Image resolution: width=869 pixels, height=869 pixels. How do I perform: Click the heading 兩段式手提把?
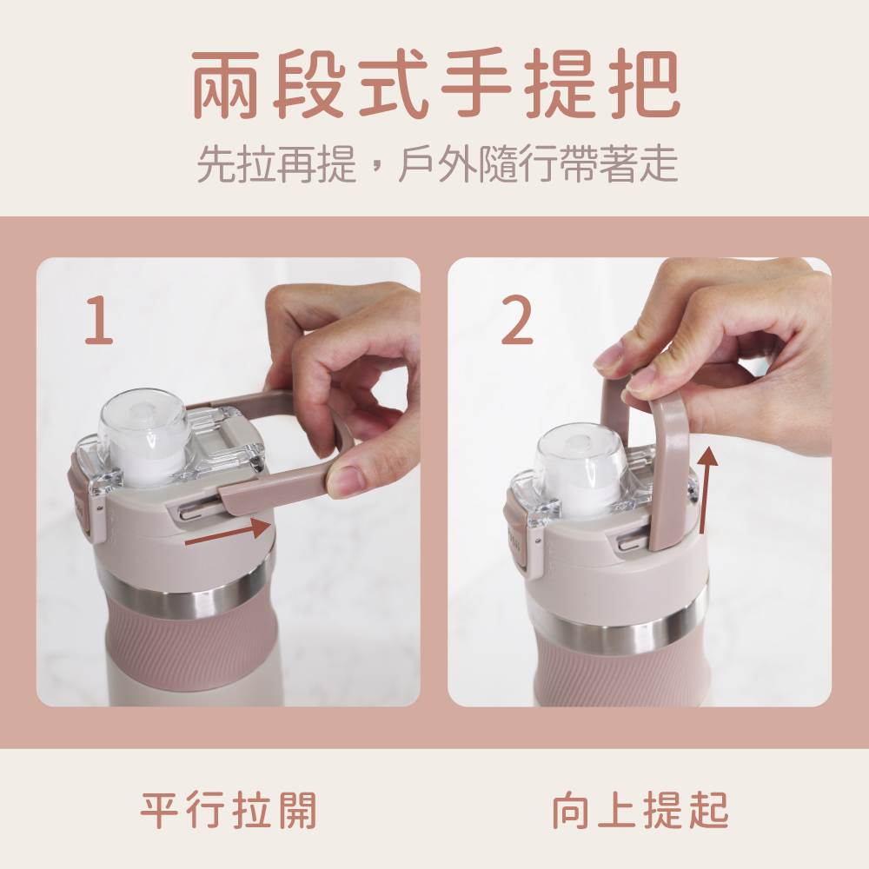coord(436,83)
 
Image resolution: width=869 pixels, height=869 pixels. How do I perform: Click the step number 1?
coord(99,321)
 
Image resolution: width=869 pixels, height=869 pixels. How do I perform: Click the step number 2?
coord(516,321)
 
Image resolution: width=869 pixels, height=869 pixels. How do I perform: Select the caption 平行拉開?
coord(229,810)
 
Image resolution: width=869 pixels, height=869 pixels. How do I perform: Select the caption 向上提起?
coord(640,810)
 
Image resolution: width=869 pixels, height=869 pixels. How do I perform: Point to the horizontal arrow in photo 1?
coord(227,533)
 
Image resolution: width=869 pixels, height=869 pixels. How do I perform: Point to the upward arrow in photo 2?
coord(706,490)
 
